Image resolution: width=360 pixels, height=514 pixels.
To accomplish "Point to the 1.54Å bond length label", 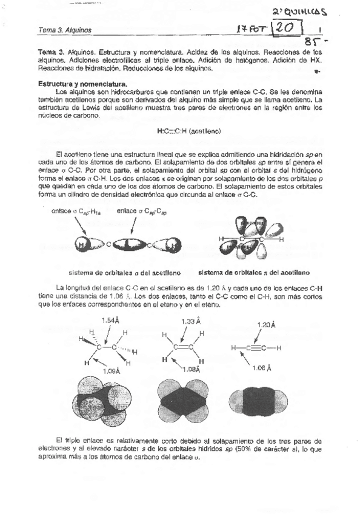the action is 110,319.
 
